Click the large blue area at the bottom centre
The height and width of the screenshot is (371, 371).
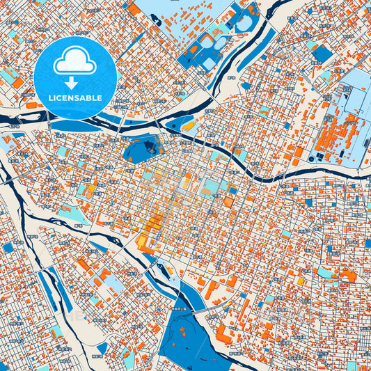[x=182, y=334]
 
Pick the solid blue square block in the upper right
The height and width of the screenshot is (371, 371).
[x=322, y=53]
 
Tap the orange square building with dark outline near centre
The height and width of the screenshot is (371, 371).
[x=228, y=201]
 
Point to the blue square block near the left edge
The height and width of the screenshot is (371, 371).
[x=8, y=247]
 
